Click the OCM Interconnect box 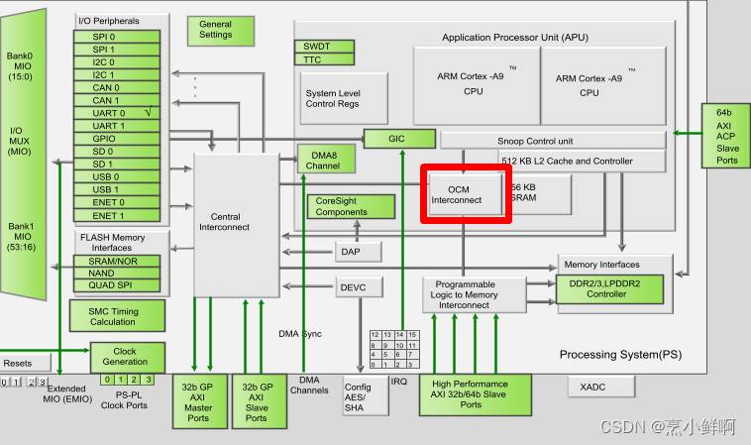tap(466, 193)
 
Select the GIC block tap(399, 139)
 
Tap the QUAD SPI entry tap(115, 285)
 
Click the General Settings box tap(215, 30)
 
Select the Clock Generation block tap(125, 357)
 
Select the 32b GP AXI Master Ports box tap(199, 401)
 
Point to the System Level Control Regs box tap(333, 98)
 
